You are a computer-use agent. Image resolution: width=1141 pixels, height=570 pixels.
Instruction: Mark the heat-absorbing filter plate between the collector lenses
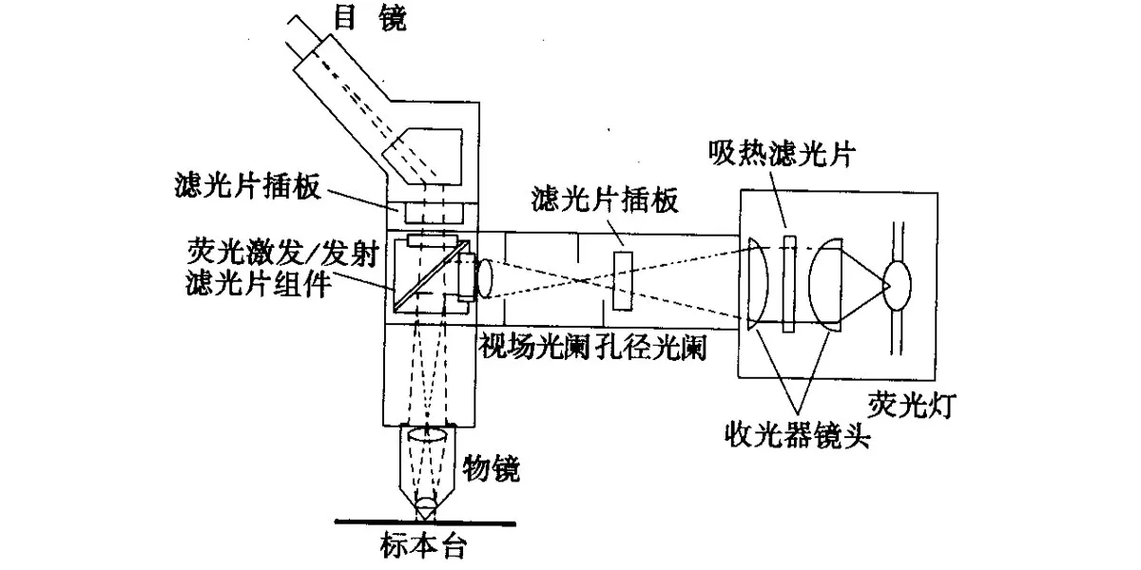click(x=788, y=282)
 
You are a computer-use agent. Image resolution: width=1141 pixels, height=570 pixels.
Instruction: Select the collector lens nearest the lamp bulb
click(x=824, y=282)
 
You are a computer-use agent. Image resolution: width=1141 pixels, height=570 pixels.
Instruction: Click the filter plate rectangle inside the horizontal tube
click(x=624, y=280)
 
